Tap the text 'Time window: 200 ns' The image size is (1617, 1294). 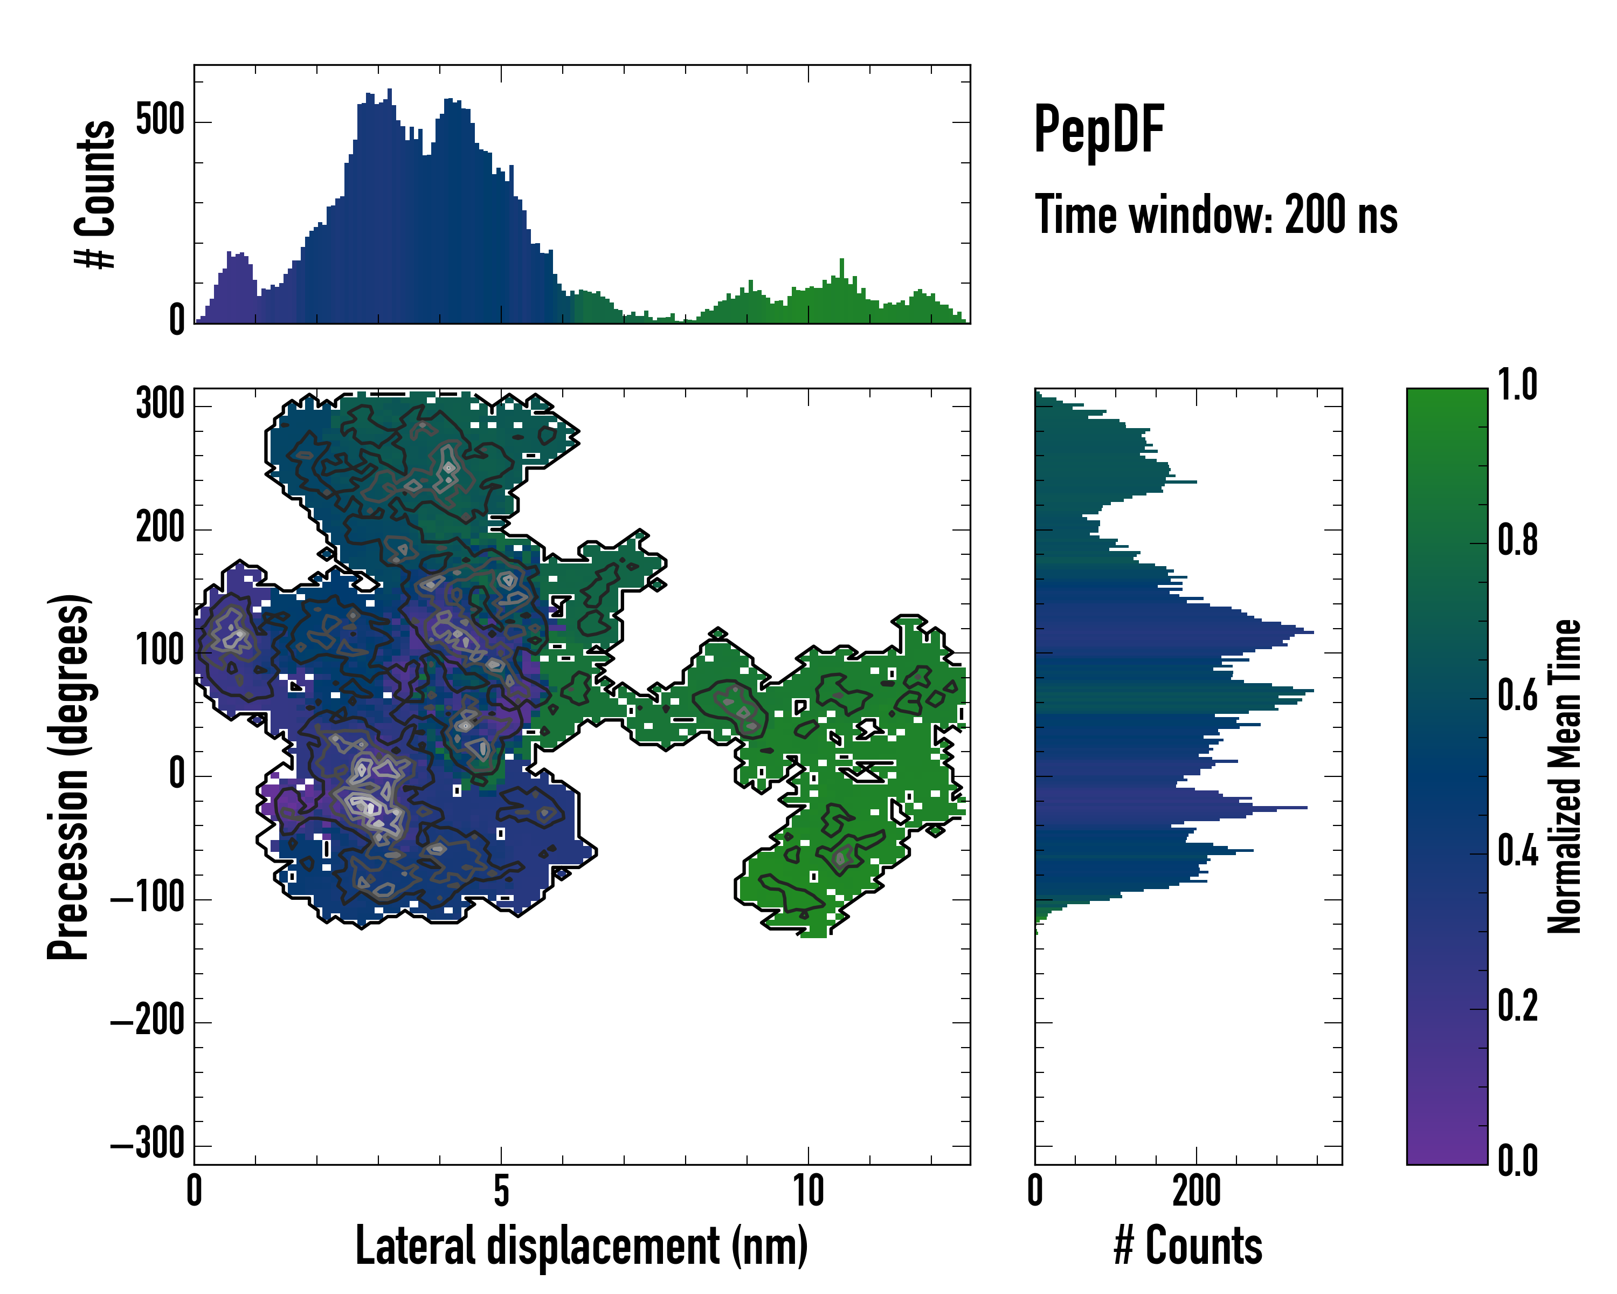tap(1216, 215)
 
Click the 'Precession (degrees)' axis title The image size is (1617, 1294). tap(69, 776)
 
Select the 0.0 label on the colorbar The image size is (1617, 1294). tap(1517, 1160)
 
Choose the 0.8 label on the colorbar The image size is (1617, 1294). tap(1517, 541)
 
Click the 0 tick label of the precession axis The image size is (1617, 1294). tap(177, 775)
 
